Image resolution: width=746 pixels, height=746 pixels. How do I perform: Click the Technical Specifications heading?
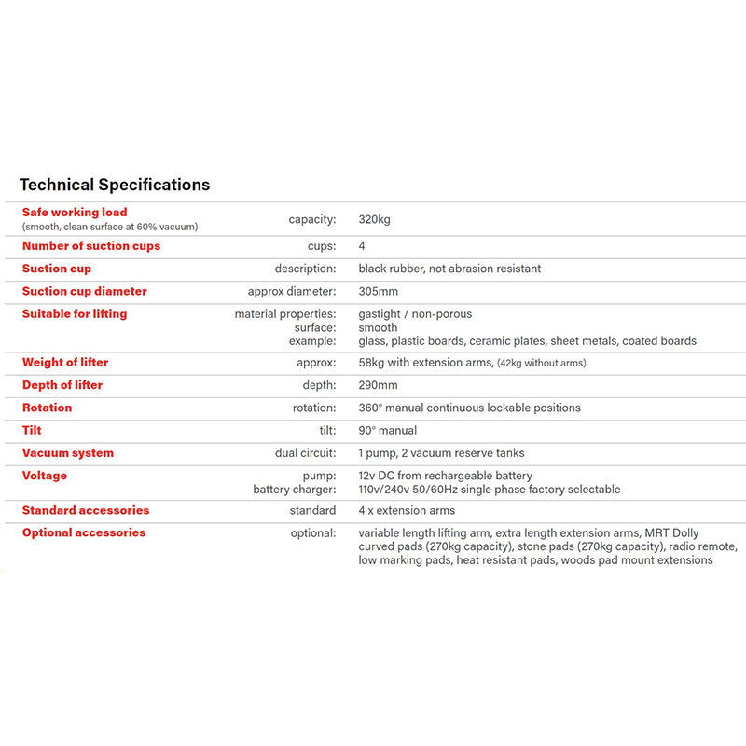[x=115, y=185]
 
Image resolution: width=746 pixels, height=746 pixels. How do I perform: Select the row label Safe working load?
[x=75, y=213]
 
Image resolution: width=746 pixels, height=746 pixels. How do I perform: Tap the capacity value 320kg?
[x=374, y=220]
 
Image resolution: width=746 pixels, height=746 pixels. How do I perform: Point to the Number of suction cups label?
[x=91, y=246]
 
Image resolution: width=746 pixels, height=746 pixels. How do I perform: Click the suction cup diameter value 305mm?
[x=378, y=292]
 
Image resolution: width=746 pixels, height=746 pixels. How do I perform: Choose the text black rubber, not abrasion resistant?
[x=449, y=269]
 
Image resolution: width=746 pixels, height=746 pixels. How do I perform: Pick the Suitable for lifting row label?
[x=75, y=314]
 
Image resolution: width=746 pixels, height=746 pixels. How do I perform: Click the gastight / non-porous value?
[x=415, y=314]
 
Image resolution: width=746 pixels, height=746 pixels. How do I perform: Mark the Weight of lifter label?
[x=65, y=363]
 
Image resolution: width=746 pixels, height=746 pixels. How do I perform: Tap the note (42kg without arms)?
[x=541, y=364]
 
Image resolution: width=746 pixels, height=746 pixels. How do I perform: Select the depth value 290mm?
[x=378, y=385]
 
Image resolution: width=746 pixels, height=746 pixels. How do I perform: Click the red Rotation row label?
[x=47, y=408]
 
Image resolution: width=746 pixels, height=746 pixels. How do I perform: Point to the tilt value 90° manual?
[x=387, y=431]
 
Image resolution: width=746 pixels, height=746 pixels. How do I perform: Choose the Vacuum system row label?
[x=68, y=453]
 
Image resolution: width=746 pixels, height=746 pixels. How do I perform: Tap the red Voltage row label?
[x=45, y=476]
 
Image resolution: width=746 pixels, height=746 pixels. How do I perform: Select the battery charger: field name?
[x=295, y=490]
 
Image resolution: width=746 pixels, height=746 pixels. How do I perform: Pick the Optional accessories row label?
[x=84, y=533]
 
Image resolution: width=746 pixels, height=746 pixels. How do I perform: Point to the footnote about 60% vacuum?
[x=110, y=227]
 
